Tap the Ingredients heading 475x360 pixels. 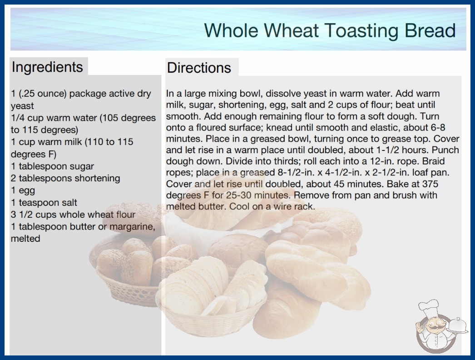tap(47, 67)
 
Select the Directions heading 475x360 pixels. tap(199, 68)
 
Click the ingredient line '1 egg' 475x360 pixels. tap(23, 190)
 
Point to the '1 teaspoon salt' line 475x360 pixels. tap(44, 202)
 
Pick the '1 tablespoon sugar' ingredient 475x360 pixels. tap(52, 166)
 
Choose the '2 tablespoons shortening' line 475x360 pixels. tap(65, 178)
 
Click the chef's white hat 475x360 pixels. tap(429, 308)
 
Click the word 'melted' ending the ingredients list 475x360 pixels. tap(25, 239)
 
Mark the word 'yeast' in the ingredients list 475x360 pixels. tap(22, 106)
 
